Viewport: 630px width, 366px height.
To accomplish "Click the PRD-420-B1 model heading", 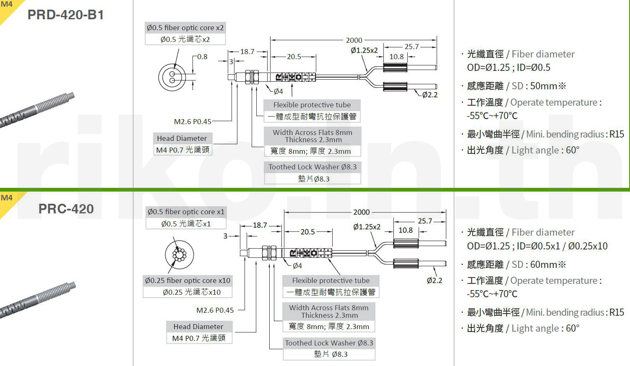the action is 66,15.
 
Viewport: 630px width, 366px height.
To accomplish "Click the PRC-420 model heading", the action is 66,209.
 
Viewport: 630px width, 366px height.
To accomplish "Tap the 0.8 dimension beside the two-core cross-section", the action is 202,57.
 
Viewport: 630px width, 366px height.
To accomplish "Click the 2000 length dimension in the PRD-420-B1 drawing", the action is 354,40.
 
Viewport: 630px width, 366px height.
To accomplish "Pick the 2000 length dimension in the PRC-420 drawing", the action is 362,212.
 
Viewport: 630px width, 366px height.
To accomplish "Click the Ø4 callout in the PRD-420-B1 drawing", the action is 278,91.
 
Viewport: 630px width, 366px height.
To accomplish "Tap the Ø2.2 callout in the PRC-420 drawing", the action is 435,280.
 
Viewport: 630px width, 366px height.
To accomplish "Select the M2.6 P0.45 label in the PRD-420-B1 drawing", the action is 193,122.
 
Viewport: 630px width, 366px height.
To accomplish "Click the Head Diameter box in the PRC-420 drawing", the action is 199,332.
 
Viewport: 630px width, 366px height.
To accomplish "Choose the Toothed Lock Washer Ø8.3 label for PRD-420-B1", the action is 312,167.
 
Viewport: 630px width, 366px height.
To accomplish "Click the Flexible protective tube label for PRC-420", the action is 331,280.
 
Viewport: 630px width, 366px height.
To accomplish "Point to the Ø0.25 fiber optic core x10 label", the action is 187,280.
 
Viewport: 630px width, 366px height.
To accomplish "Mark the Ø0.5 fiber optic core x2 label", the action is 185,28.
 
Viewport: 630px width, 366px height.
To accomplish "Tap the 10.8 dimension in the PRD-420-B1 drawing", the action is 396,57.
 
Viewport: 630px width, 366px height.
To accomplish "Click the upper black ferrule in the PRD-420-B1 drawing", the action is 395,68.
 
